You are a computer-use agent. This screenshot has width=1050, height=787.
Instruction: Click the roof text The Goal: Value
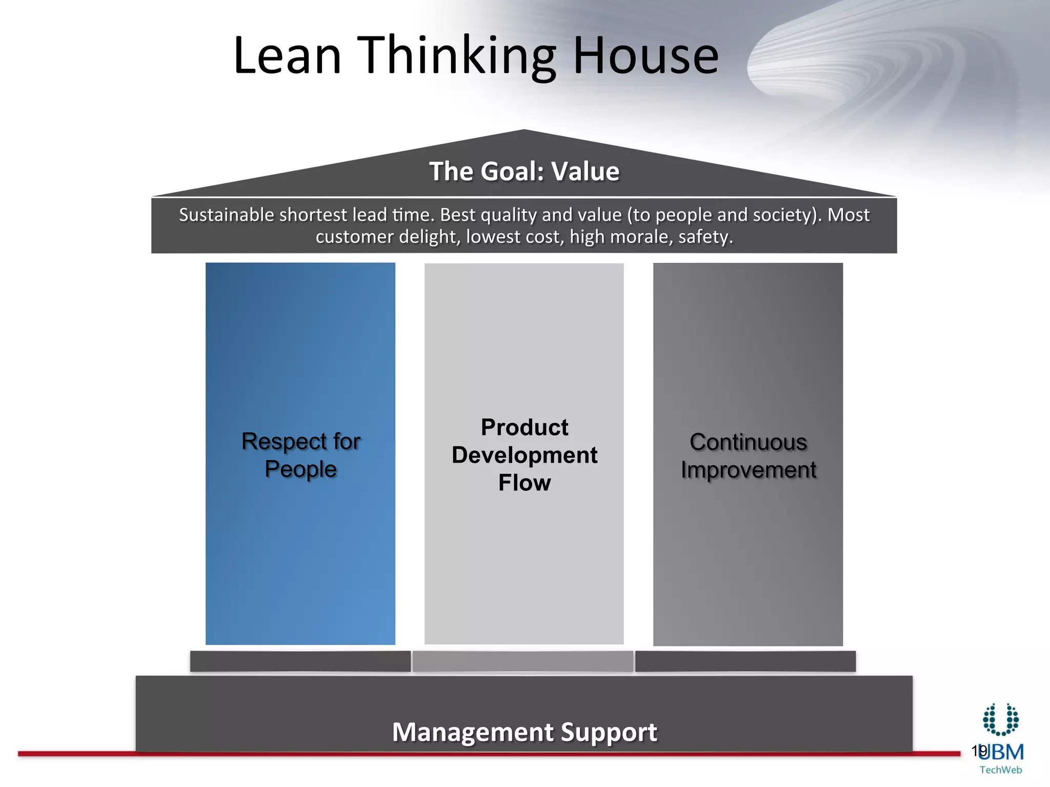[x=524, y=171]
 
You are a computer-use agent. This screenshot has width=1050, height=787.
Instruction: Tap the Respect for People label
[x=301, y=455]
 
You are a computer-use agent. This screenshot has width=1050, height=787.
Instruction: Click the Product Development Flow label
[x=524, y=455]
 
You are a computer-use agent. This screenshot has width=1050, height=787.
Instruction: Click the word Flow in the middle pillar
[x=524, y=483]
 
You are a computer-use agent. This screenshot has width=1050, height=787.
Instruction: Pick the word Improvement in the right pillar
[x=748, y=470]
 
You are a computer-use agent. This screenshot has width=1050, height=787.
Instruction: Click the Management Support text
[x=524, y=732]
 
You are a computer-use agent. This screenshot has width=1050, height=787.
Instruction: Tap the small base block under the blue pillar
[x=300, y=661]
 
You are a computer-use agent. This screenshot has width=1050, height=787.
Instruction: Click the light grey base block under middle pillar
[x=523, y=661]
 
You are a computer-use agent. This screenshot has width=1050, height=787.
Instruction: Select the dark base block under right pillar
[x=745, y=661]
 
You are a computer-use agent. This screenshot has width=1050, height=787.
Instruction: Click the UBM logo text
[x=1004, y=752]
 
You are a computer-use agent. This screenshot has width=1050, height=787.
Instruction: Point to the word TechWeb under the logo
[x=1000, y=770]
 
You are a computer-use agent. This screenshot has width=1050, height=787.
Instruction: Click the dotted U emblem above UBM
[x=1001, y=719]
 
